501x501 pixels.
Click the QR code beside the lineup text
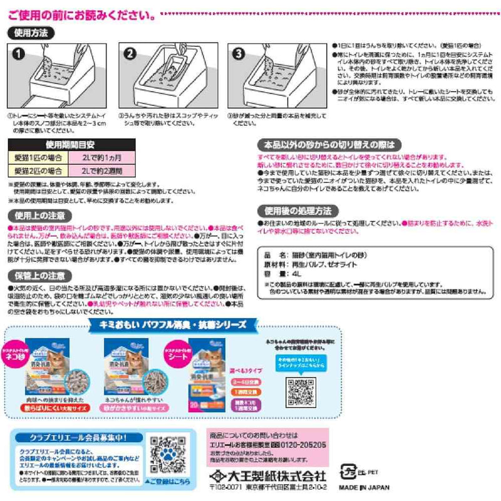(301, 390)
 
